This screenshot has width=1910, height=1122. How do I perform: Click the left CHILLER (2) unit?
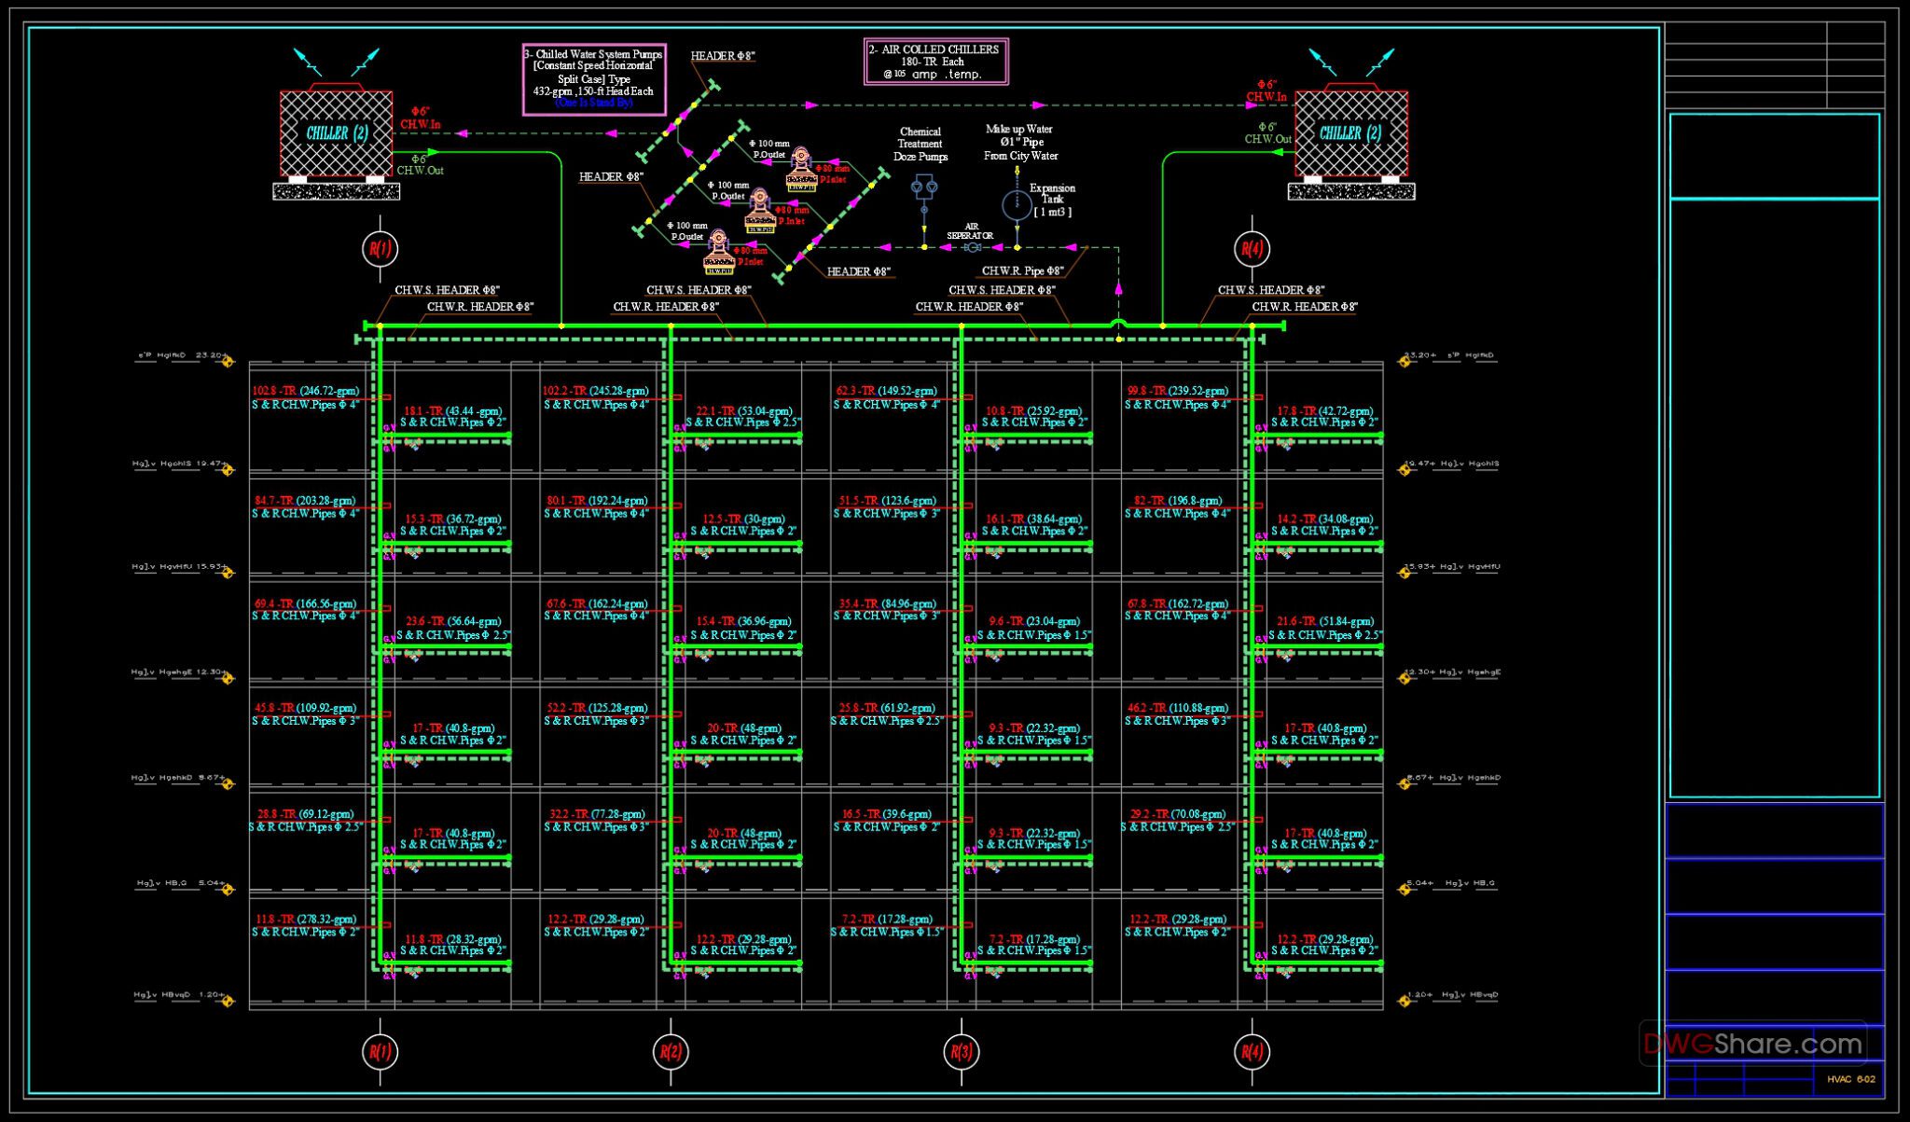point(336,133)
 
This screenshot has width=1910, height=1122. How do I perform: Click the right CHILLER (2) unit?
point(1350,133)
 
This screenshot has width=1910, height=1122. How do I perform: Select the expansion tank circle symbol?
point(1016,205)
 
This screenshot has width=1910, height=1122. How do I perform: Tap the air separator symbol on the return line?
point(973,247)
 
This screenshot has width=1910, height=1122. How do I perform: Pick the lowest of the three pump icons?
point(718,253)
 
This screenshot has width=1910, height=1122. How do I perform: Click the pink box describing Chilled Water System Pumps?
point(594,78)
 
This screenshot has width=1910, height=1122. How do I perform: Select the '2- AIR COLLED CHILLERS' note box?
point(935,62)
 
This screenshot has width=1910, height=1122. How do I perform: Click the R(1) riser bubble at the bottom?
point(380,1051)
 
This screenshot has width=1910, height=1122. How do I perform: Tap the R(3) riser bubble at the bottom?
point(962,1051)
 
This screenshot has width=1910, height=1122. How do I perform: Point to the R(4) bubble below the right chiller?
point(1252,248)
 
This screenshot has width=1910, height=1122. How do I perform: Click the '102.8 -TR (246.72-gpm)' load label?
point(305,391)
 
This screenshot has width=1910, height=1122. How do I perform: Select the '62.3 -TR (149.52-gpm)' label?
point(885,391)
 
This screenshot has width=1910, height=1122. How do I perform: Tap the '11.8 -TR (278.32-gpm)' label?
point(305,920)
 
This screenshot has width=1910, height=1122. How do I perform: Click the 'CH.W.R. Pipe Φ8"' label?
point(1022,271)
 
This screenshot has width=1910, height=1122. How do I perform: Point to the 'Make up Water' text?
point(1018,130)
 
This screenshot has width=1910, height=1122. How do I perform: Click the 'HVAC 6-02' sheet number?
point(1850,1079)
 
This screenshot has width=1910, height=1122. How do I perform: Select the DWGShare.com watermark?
point(1752,1044)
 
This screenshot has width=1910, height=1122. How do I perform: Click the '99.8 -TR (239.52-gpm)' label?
point(1177,391)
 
